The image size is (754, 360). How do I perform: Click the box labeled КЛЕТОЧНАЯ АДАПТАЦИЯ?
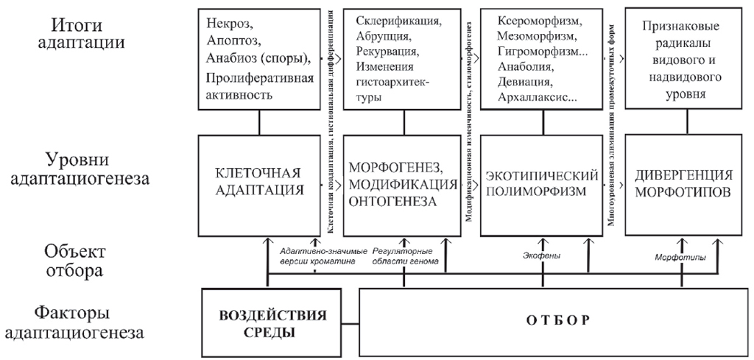click(x=258, y=180)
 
